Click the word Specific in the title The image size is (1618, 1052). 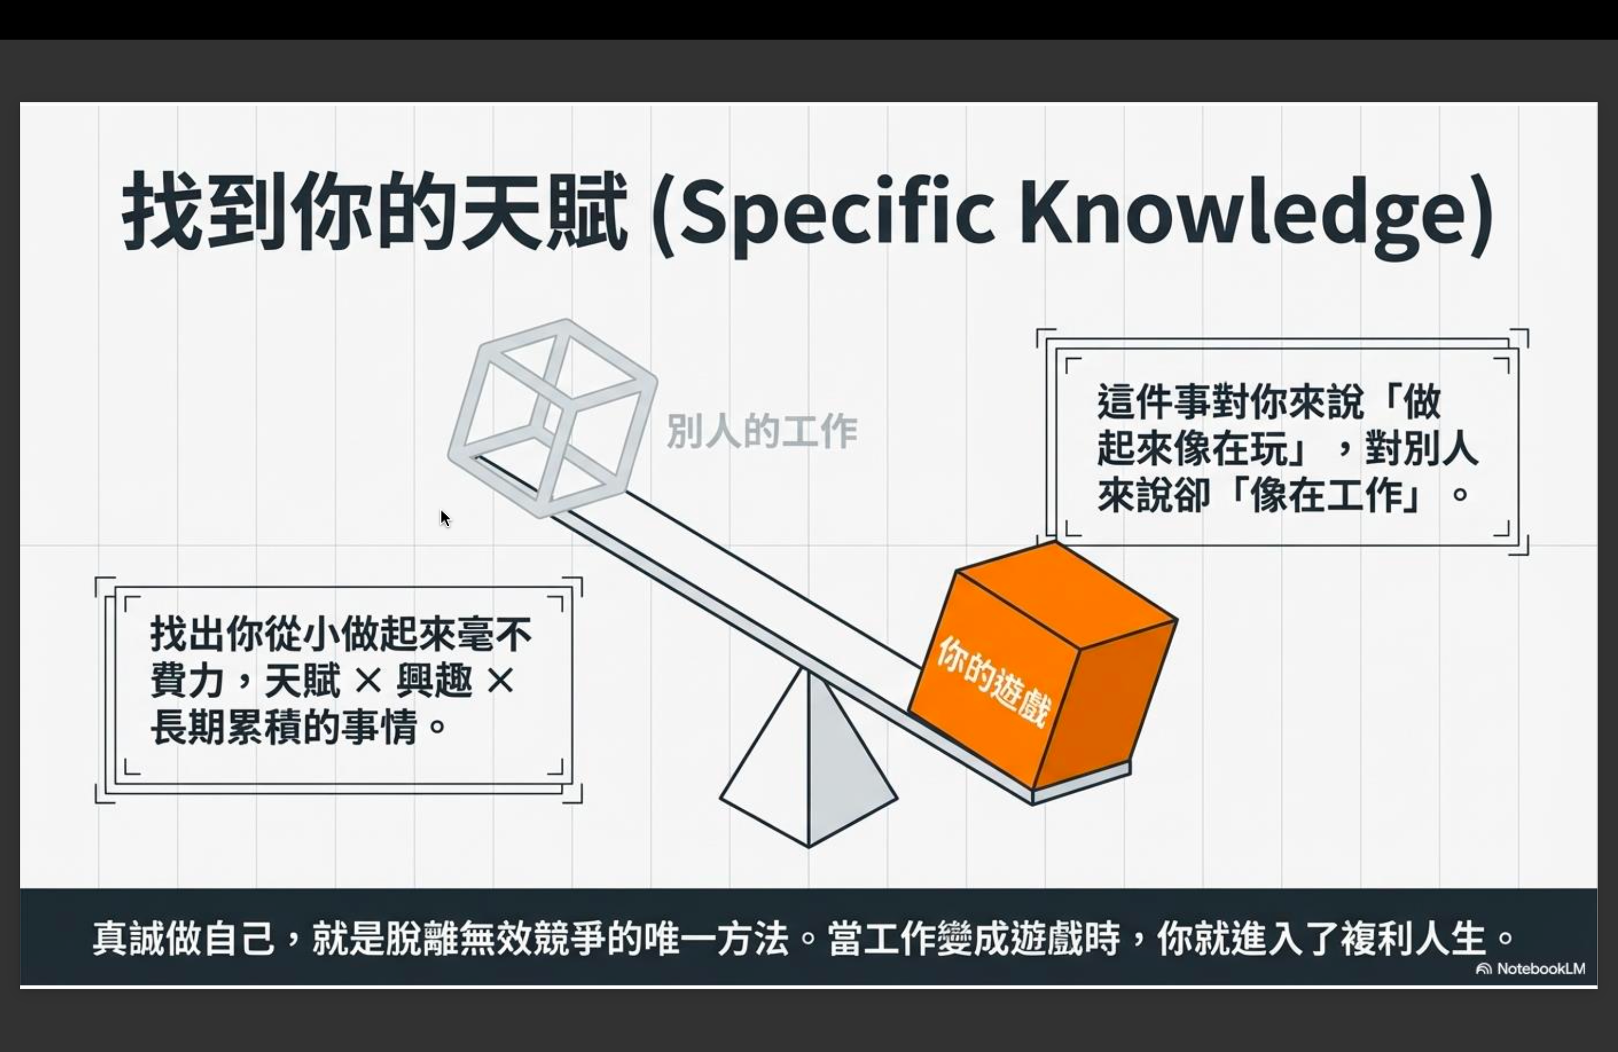pyautogui.click(x=835, y=212)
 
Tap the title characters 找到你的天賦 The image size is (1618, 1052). pyautogui.click(x=374, y=211)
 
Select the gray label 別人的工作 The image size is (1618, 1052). pyautogui.click(x=762, y=431)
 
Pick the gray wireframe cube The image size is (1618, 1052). pyautogui.click(x=553, y=419)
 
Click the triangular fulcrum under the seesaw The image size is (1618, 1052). pyautogui.click(x=809, y=758)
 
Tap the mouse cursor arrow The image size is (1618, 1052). pyautogui.click(x=445, y=518)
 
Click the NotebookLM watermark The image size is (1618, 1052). pyautogui.click(x=1530, y=968)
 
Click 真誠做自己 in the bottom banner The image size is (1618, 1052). pyautogui.click(x=184, y=939)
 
